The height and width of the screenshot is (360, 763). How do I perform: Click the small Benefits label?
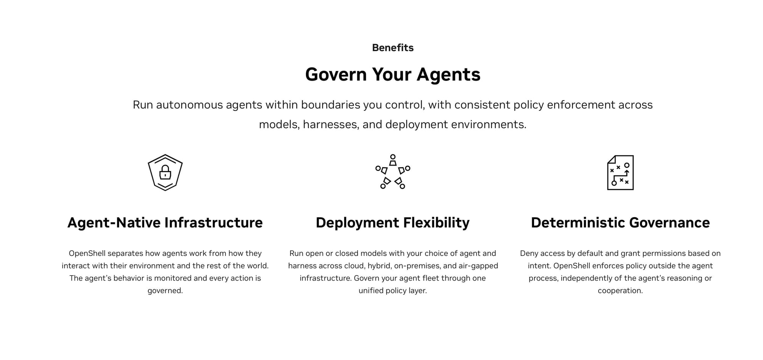(x=393, y=48)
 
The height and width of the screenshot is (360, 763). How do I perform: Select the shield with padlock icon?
(x=165, y=172)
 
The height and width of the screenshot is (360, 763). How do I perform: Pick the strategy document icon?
(x=620, y=172)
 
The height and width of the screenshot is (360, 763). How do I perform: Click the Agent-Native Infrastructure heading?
(x=165, y=223)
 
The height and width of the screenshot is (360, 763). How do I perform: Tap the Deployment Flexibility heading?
(x=393, y=223)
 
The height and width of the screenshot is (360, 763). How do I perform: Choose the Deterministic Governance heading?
(x=620, y=223)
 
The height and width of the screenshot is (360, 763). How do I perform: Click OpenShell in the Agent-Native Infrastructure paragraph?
(x=87, y=253)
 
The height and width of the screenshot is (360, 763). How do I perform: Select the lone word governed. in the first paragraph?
(x=165, y=291)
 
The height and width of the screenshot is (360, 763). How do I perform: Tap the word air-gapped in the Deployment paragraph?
(x=478, y=266)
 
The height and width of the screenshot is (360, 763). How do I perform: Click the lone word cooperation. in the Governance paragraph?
(x=620, y=291)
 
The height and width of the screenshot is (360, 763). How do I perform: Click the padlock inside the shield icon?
(x=165, y=172)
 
